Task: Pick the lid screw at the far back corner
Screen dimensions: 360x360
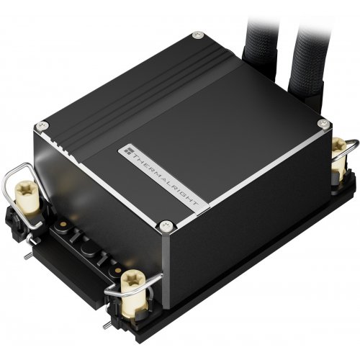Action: [197, 34]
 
